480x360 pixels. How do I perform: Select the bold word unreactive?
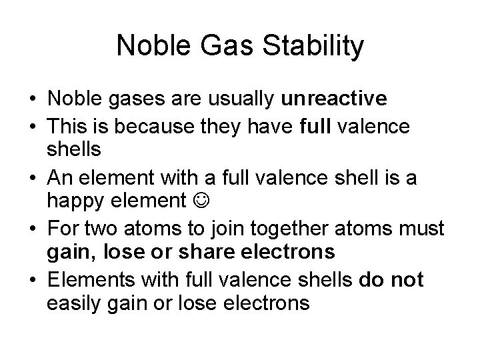pyautogui.click(x=333, y=99)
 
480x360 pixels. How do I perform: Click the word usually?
pyautogui.click(x=240, y=99)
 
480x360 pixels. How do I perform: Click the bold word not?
pyautogui.click(x=407, y=279)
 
